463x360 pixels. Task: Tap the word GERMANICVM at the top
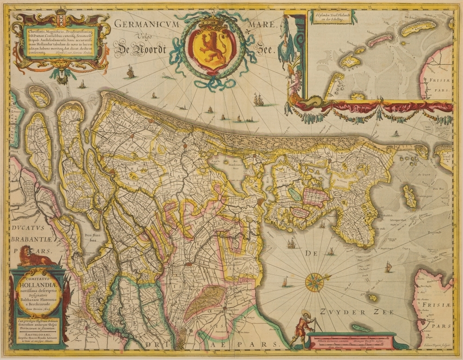tap(144, 24)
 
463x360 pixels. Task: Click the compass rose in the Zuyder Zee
tap(315, 280)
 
